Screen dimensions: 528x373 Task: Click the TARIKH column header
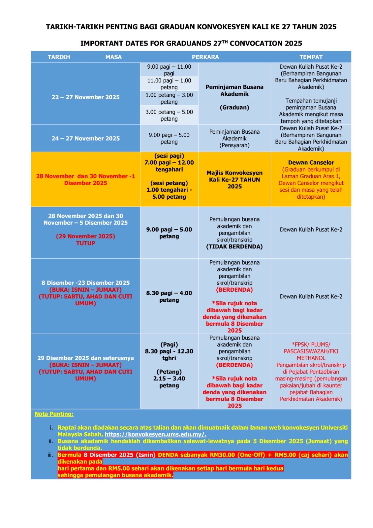pos(59,57)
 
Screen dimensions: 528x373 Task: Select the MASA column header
pos(113,57)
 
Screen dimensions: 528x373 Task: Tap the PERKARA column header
pos(205,57)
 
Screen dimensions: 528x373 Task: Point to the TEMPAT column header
pos(311,57)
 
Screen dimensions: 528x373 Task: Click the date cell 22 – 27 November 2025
pos(85,97)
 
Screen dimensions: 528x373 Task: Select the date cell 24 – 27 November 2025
pos(85,139)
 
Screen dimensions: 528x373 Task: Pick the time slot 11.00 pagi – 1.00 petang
pos(169,84)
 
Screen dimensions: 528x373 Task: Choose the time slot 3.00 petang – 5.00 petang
pos(169,115)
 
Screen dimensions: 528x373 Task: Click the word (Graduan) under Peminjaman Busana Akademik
pos(234,108)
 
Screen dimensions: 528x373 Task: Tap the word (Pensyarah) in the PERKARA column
pos(234,145)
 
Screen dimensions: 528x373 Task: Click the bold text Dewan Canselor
pos(311,163)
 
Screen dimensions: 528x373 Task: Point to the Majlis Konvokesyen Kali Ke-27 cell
pos(234,180)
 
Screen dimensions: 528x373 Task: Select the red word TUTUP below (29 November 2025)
pos(85,243)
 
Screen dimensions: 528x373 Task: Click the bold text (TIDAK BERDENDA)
pos(234,247)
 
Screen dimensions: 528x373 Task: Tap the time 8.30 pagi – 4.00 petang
pos(169,296)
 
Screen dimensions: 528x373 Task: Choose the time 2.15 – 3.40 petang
pos(169,382)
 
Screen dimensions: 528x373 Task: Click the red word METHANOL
pos(311,358)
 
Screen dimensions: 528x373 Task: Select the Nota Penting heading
pos(54,414)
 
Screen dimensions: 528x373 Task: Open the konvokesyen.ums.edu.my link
pos(155,434)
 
